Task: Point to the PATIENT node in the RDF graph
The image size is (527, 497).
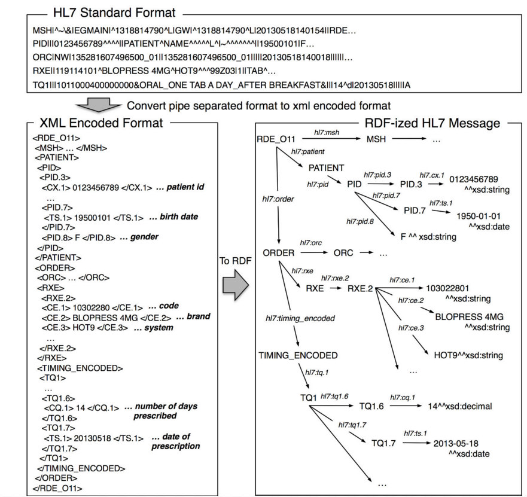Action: click(327, 167)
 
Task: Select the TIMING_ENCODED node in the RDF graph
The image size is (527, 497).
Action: click(295, 355)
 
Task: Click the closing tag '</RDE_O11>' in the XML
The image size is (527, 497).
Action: click(57, 487)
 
